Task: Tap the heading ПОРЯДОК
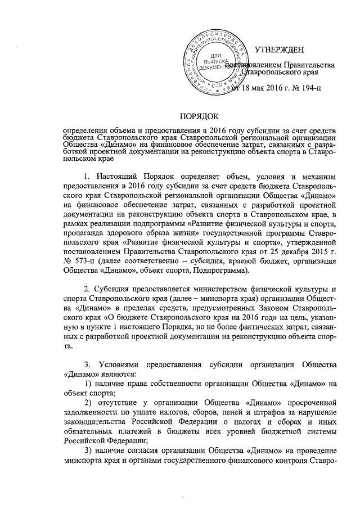tap(198, 116)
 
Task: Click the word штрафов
tap(223, 412)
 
